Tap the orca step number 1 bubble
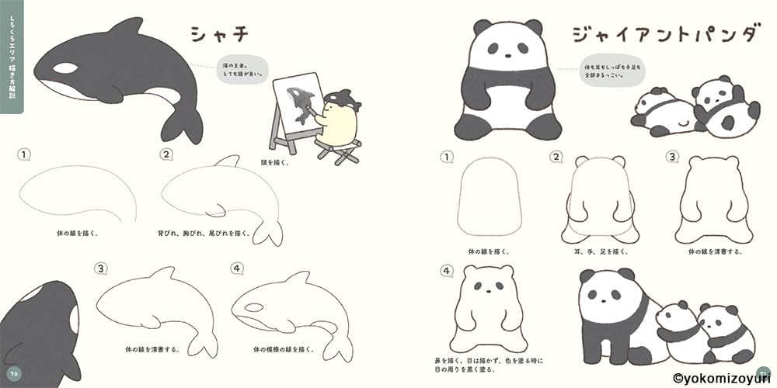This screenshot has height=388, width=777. pyautogui.click(x=25, y=154)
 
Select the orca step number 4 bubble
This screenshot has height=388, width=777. pyautogui.click(x=237, y=269)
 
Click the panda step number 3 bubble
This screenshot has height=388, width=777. pyautogui.click(x=672, y=156)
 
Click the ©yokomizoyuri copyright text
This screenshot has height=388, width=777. pyautogui.click(x=723, y=378)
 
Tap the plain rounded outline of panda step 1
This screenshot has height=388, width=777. pyautogui.click(x=490, y=198)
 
